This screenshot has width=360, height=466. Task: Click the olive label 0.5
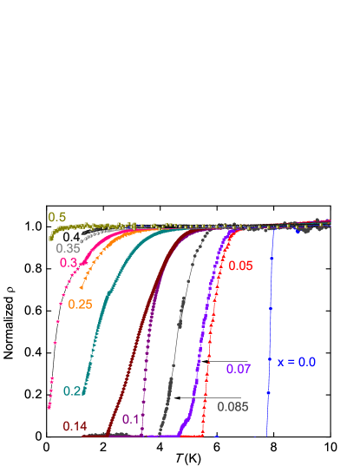click(57, 217)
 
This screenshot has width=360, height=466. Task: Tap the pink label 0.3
click(69, 263)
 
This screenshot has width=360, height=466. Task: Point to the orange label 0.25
click(81, 304)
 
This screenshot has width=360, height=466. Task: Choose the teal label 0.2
click(72, 391)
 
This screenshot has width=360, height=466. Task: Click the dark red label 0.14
click(75, 426)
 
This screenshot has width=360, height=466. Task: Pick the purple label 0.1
click(132, 419)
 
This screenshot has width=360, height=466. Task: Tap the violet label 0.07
click(239, 369)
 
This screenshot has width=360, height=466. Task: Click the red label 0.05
click(240, 266)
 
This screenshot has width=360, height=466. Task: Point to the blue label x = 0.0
click(296, 362)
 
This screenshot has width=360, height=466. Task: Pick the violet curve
click(205, 330)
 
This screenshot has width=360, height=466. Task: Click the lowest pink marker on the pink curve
click(49, 405)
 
